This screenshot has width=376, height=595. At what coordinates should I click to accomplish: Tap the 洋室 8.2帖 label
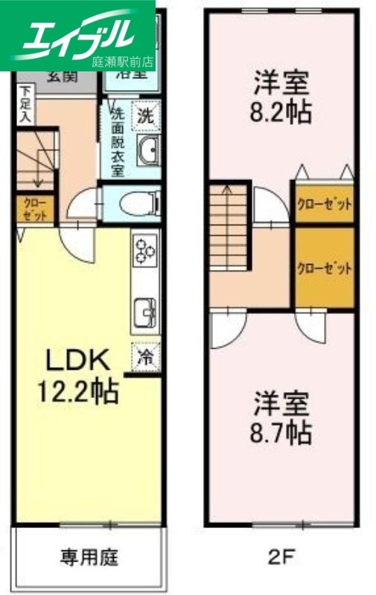281,97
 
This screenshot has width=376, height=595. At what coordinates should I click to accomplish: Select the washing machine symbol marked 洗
146,115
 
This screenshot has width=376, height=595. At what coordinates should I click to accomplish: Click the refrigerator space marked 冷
146,356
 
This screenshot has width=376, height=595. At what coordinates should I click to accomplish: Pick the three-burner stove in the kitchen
144,250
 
